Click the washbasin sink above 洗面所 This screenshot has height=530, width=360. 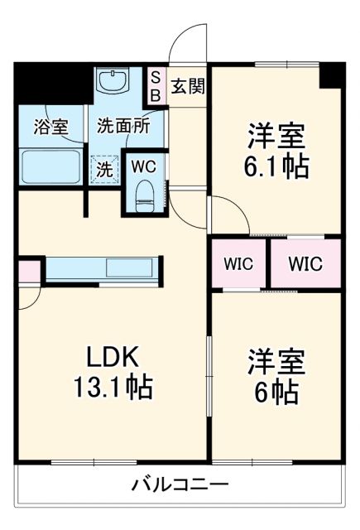(x=112, y=83)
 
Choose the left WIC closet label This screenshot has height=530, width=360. (x=238, y=265)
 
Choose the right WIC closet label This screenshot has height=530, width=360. (x=305, y=265)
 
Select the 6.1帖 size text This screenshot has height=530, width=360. (x=276, y=166)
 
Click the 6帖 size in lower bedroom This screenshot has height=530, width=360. (x=276, y=393)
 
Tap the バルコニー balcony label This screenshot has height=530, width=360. (x=180, y=484)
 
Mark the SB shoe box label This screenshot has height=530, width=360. (x=155, y=84)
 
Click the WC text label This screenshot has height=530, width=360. (x=144, y=166)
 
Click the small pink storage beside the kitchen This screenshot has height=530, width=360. (x=27, y=271)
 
